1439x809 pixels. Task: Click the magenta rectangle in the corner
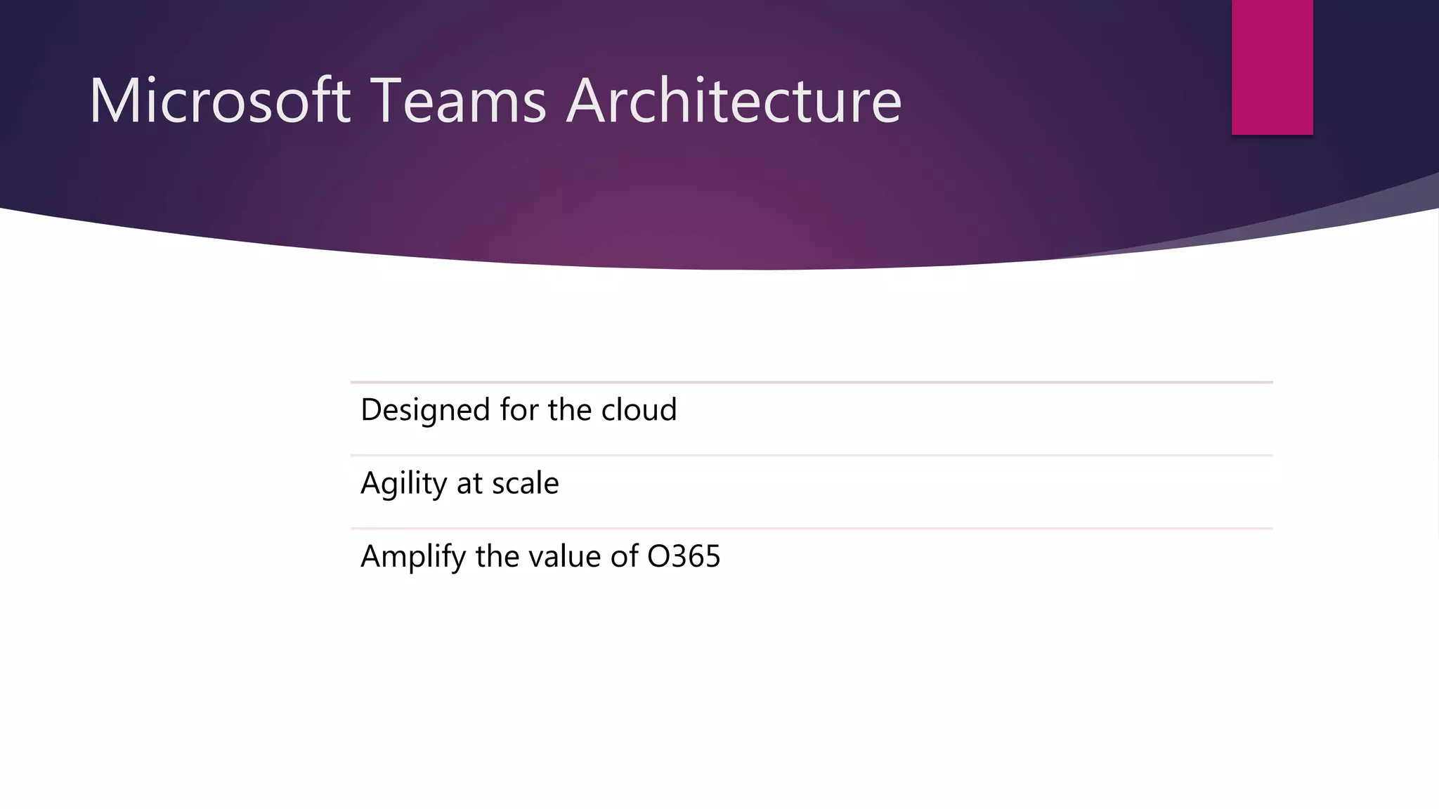click(1272, 67)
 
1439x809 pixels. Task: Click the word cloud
click(639, 410)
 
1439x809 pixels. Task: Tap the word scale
click(525, 484)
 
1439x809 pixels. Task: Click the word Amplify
click(413, 557)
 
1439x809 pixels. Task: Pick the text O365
click(684, 557)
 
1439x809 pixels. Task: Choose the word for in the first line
click(519, 410)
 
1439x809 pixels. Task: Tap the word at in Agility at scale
click(469, 484)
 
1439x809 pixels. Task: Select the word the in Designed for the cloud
click(570, 410)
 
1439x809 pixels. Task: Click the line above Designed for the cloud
click(812, 382)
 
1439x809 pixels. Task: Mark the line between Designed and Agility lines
click(812, 455)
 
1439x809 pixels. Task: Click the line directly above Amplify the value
click(812, 528)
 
